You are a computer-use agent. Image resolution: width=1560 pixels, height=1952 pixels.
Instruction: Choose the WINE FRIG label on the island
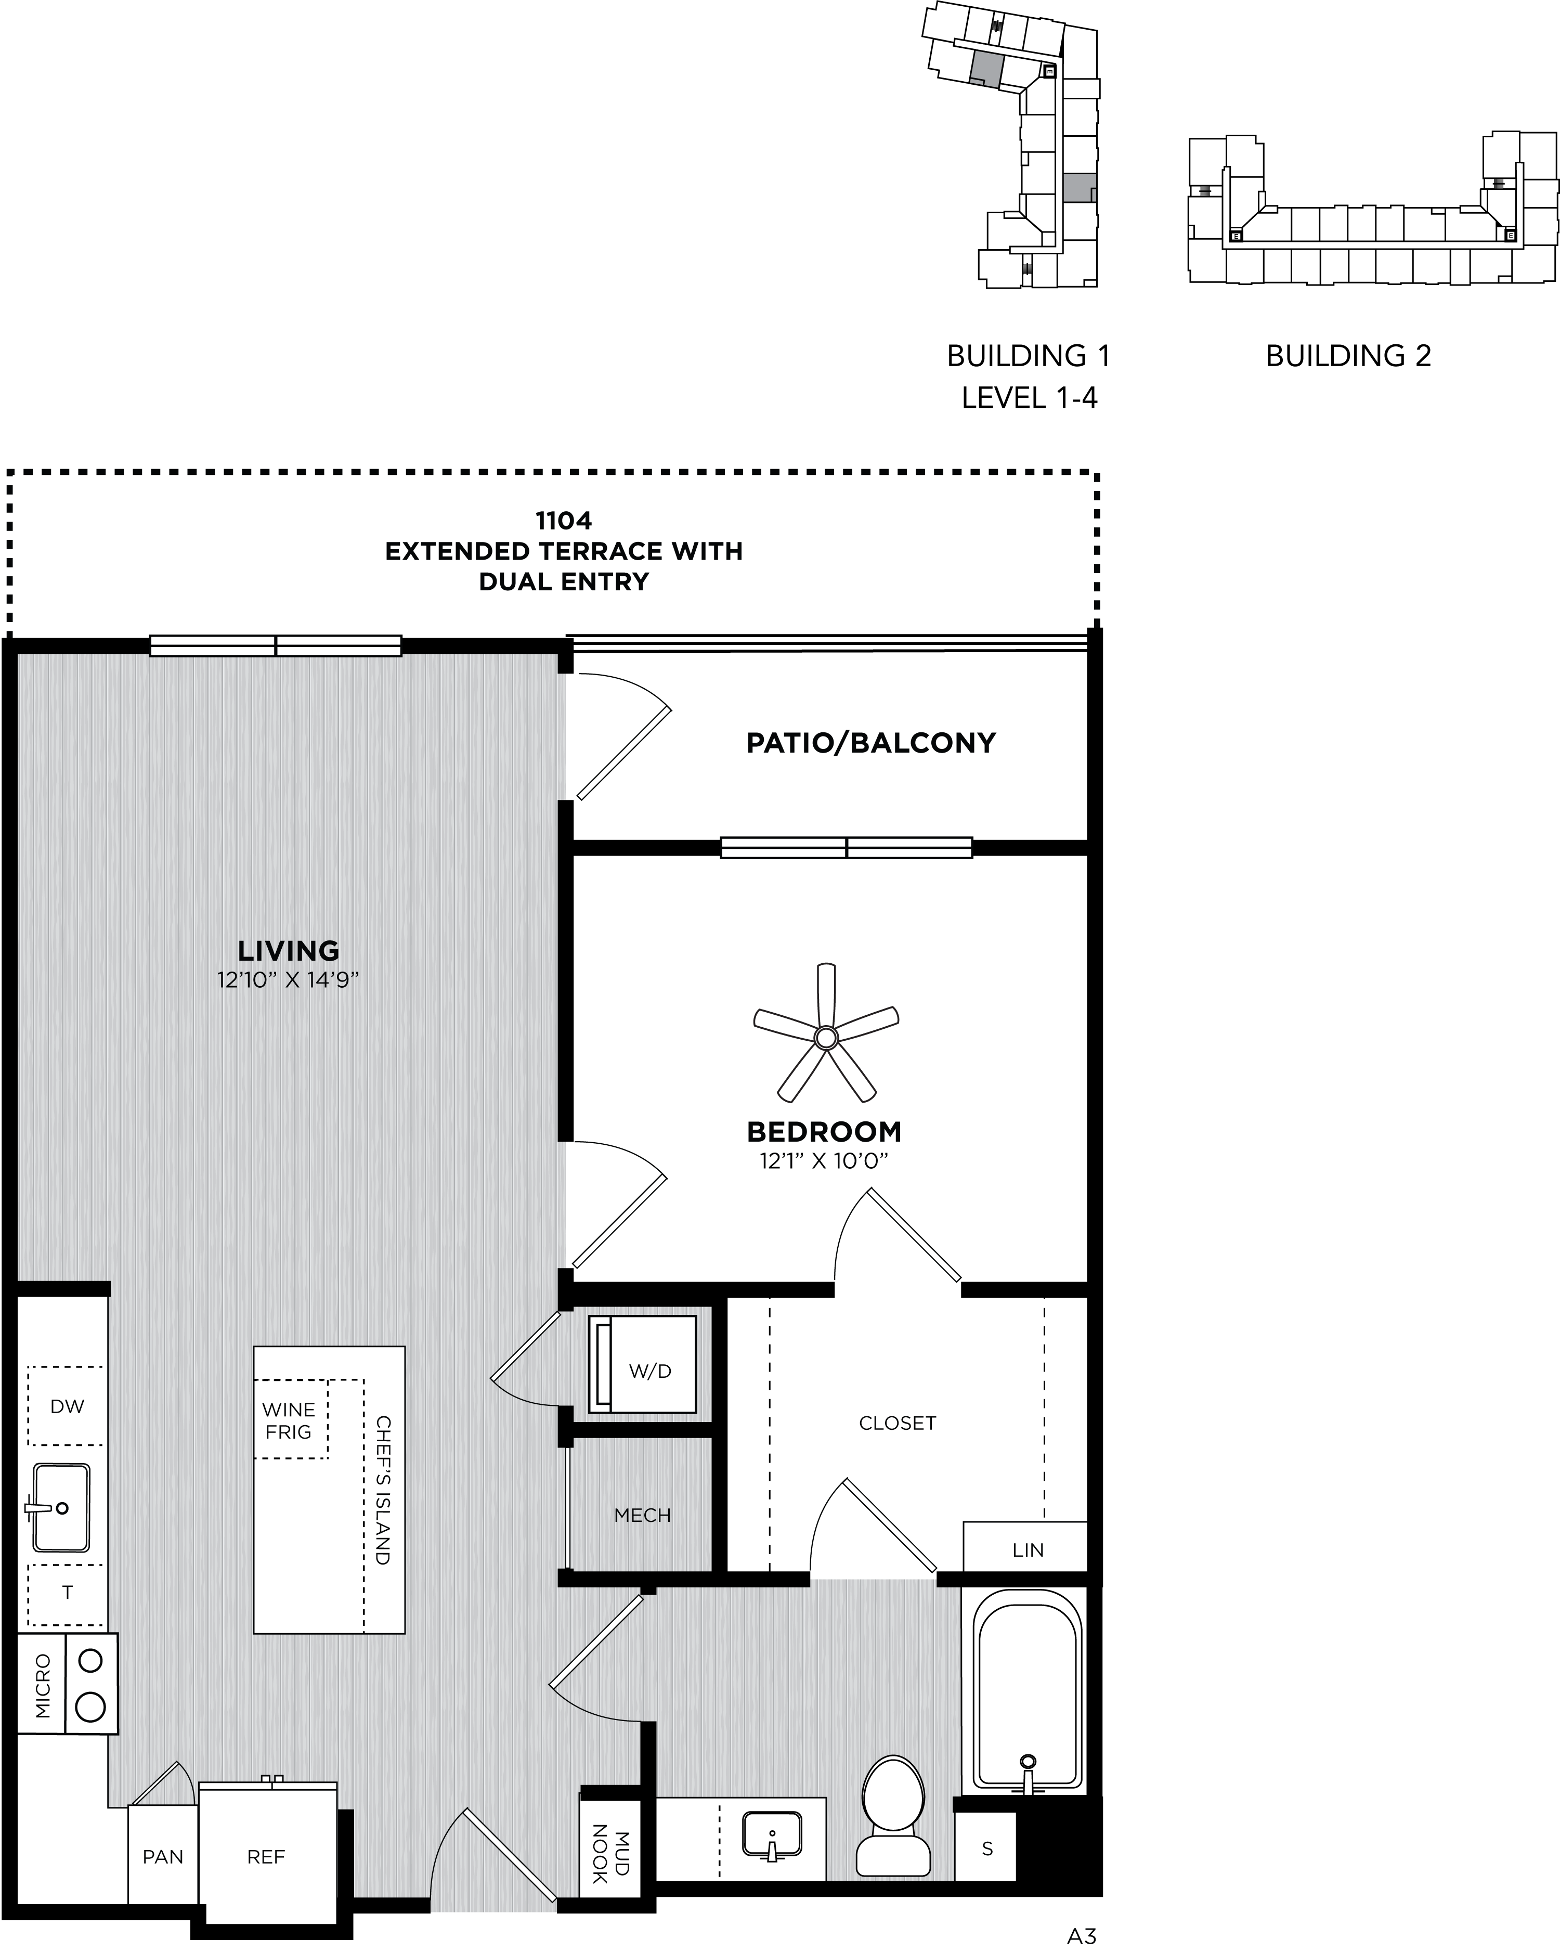[289, 1420]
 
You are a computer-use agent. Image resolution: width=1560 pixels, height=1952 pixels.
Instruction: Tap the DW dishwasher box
[66, 1406]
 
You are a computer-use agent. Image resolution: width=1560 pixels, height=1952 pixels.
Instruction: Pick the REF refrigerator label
[266, 1857]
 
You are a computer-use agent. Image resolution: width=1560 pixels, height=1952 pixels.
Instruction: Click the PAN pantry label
[163, 1857]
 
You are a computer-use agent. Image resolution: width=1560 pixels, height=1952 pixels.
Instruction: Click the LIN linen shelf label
[1028, 1550]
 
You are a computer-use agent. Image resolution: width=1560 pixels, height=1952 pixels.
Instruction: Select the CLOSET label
[897, 1423]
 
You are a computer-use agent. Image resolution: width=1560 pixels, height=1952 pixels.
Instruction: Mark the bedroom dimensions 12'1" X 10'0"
[824, 1161]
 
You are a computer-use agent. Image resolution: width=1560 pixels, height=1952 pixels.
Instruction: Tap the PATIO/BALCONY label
[871, 743]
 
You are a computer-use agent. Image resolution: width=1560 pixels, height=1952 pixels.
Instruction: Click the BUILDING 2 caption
[1348, 356]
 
